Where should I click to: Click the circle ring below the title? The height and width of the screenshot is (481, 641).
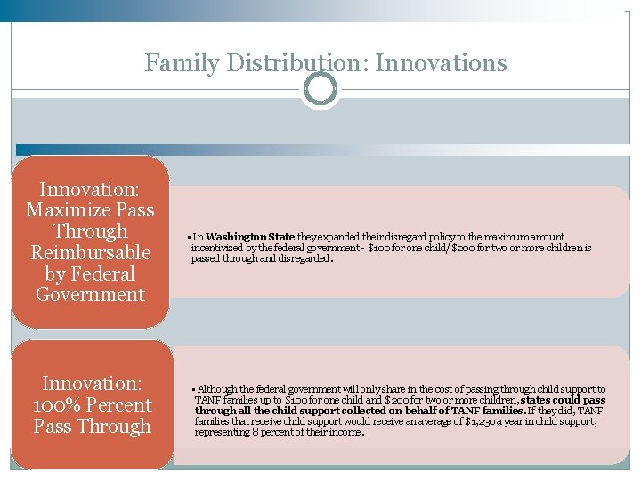[x=320, y=89]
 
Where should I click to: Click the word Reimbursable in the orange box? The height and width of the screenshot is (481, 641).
[x=90, y=253]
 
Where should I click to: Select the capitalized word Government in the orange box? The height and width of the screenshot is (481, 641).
[x=90, y=295]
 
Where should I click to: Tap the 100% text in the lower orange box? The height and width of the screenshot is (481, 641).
[x=53, y=405]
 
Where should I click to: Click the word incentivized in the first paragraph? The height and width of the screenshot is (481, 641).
[x=220, y=248]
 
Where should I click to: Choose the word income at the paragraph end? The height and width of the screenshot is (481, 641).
[x=345, y=432]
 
